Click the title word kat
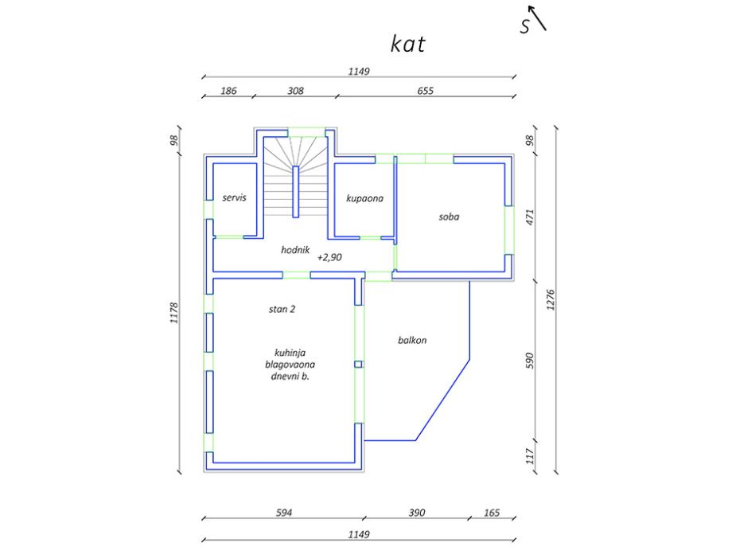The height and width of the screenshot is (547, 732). pos(407,45)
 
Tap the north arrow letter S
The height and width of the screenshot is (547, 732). pos(525,27)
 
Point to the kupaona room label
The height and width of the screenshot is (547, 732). pos(365,198)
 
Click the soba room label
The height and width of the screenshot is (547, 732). pos(450,216)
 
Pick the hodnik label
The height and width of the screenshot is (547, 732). pos(294,249)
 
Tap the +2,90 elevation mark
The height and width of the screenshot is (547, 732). pos(330,258)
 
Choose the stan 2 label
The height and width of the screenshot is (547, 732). pos(282,309)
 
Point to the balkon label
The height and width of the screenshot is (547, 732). pos(413,340)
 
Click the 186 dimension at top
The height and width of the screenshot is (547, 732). pos(228,92)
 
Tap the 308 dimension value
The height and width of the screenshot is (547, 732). pos(295,92)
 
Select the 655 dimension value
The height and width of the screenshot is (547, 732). pos(425,92)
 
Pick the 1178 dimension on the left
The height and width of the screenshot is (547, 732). pos(175,314)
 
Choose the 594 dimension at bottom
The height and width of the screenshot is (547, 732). pos(284,513)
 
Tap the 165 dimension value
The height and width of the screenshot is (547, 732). pos(492,513)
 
